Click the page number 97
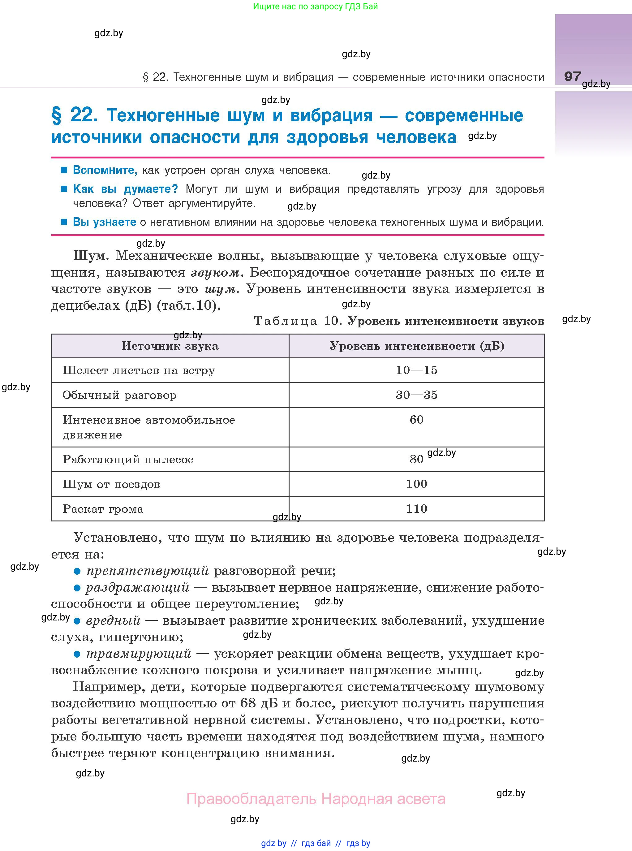(572, 76)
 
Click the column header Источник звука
(170, 346)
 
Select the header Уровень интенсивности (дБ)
(417, 346)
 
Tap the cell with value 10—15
(416, 370)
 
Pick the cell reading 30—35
(416, 395)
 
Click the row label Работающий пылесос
(128, 459)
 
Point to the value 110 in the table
(416, 508)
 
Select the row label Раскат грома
(103, 509)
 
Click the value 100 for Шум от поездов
(416, 484)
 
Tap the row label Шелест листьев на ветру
(139, 370)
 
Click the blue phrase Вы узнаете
(105, 222)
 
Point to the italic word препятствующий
(148, 571)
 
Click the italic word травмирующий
(139, 653)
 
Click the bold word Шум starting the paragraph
(91, 256)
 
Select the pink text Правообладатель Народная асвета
(316, 799)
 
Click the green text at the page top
(315, 6)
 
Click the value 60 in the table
(416, 419)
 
